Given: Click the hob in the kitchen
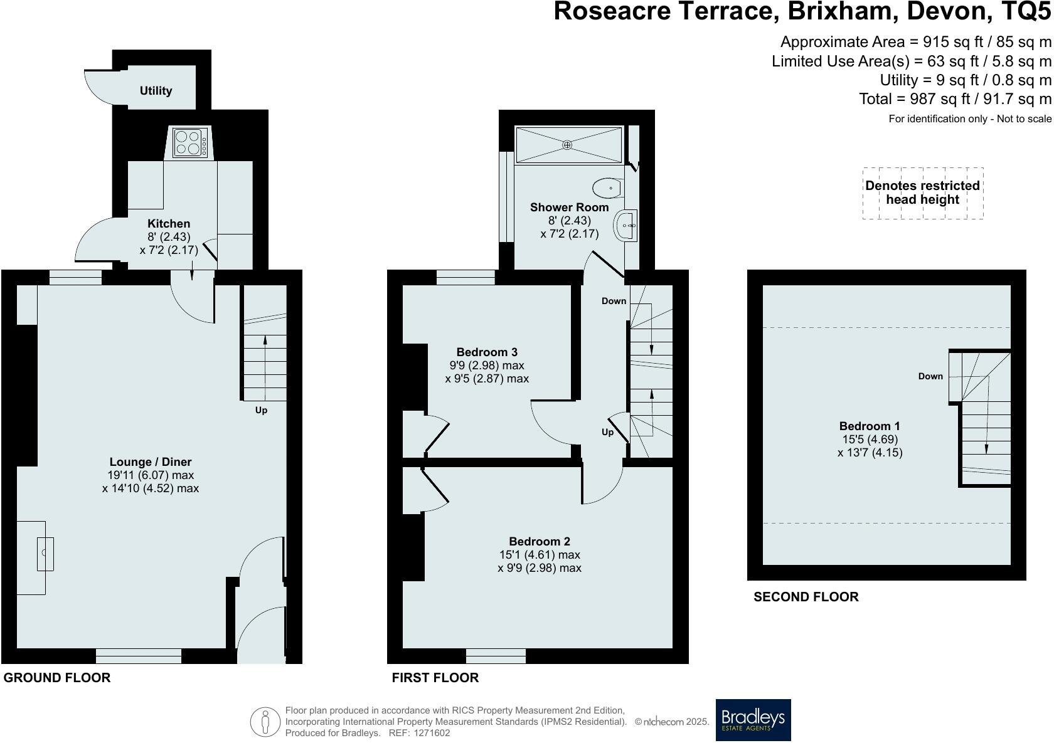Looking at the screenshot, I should click(x=190, y=142).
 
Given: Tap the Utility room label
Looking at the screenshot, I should click(x=156, y=91).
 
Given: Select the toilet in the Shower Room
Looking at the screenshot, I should click(x=607, y=187).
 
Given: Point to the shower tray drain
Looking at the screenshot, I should click(x=567, y=145).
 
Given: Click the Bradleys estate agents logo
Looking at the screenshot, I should click(x=753, y=720).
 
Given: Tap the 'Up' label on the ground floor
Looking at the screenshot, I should click(x=261, y=411).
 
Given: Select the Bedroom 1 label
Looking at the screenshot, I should click(x=870, y=426).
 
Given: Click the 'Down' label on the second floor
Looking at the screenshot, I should click(x=930, y=376).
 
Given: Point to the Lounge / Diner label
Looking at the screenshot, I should click(x=151, y=462).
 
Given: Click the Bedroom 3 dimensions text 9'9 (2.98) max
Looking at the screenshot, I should click(x=487, y=366).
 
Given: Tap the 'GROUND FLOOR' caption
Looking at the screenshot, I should click(x=57, y=678).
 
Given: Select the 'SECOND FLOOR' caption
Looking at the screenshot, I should click(x=806, y=597).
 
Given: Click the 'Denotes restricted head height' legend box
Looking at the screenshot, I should click(x=922, y=193).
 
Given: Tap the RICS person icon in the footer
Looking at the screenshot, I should click(x=265, y=722).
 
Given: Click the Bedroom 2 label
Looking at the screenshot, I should click(x=539, y=542).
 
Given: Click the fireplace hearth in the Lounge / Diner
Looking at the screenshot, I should click(x=31, y=557).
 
